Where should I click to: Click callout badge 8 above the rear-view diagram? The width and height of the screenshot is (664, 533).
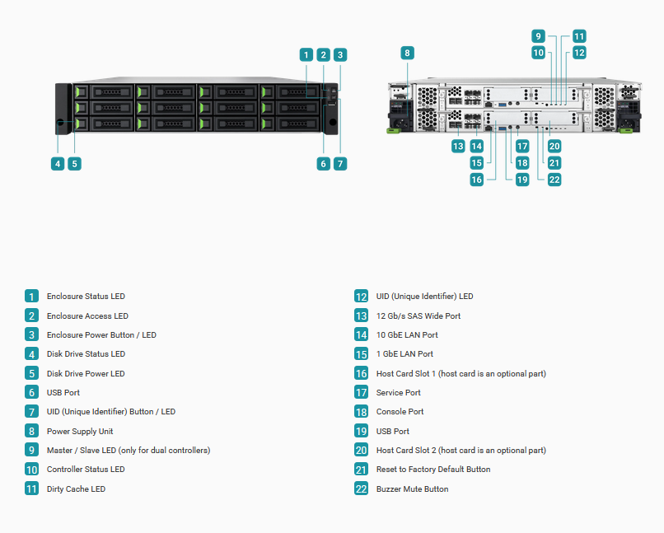pyautogui.click(x=407, y=53)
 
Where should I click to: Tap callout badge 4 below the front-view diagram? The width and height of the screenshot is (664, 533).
pyautogui.click(x=58, y=164)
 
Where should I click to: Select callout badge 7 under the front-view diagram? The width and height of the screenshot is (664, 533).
pyautogui.click(x=340, y=164)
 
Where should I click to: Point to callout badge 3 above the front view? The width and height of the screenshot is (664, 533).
pyautogui.click(x=340, y=54)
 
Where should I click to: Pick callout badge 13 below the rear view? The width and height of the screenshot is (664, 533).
pyautogui.click(x=458, y=147)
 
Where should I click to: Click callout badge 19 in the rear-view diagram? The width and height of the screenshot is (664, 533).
pyautogui.click(x=522, y=180)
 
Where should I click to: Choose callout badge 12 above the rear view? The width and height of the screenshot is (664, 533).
pyautogui.click(x=579, y=53)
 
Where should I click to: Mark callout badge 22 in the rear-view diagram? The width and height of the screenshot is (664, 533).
pyautogui.click(x=554, y=180)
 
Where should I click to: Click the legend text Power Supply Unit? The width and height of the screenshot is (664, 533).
pyautogui.click(x=80, y=432)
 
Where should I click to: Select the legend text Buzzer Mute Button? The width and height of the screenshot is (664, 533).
pyautogui.click(x=413, y=489)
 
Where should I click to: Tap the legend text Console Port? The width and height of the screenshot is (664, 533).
pyautogui.click(x=400, y=412)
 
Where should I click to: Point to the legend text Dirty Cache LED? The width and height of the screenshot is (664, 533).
pyautogui.click(x=77, y=489)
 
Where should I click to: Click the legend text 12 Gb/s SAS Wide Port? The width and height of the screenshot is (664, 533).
pyautogui.click(x=419, y=316)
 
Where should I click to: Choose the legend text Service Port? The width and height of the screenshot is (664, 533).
pyautogui.click(x=399, y=392)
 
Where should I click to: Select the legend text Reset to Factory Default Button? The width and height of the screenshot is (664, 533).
pyautogui.click(x=433, y=469)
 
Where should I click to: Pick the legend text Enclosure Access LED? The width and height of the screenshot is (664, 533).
pyautogui.click(x=87, y=316)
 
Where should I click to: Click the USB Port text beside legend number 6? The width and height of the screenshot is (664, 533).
pyautogui.click(x=63, y=392)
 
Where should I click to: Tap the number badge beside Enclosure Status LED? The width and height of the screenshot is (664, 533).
pyautogui.click(x=32, y=296)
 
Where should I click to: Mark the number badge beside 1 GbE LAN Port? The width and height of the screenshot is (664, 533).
pyautogui.click(x=361, y=354)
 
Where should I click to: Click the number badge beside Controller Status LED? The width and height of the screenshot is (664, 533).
pyautogui.click(x=32, y=469)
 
